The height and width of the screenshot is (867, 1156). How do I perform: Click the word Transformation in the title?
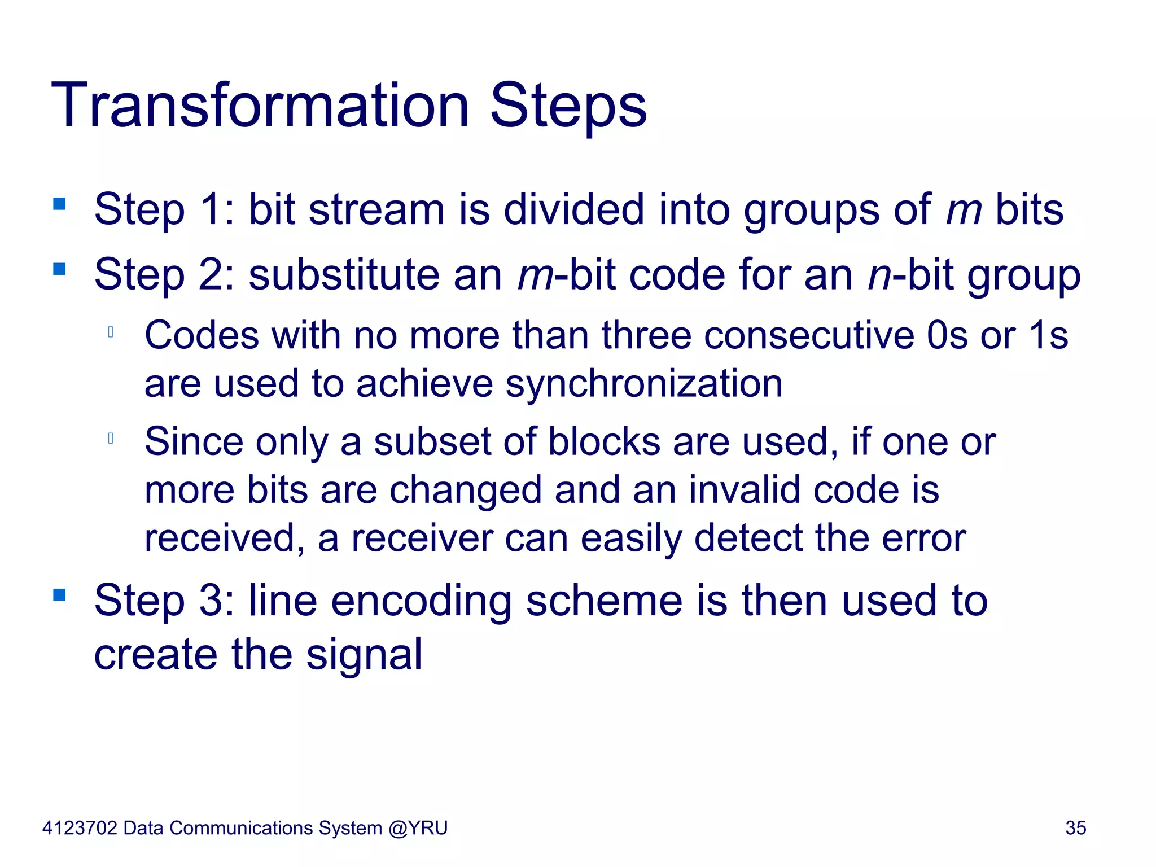(x=260, y=106)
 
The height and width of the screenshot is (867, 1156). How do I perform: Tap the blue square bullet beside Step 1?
(x=59, y=203)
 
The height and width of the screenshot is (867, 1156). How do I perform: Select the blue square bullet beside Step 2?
(x=59, y=269)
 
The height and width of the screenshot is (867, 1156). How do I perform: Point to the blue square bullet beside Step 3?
(x=59, y=594)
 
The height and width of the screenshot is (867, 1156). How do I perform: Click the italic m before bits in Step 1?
(x=964, y=210)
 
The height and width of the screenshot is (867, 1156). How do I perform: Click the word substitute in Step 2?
(x=344, y=275)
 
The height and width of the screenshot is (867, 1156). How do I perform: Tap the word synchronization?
(x=643, y=384)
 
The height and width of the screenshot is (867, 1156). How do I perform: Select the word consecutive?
(x=809, y=335)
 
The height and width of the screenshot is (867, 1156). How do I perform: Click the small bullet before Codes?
(x=111, y=332)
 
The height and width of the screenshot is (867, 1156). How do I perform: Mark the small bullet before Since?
(x=111, y=438)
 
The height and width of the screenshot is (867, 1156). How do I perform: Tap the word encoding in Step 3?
(x=421, y=602)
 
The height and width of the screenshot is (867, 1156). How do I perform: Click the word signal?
(x=364, y=655)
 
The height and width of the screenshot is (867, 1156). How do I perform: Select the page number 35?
(x=1075, y=828)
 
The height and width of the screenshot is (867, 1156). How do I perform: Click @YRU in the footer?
(x=418, y=828)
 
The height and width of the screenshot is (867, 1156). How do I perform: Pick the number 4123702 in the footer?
(x=80, y=828)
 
